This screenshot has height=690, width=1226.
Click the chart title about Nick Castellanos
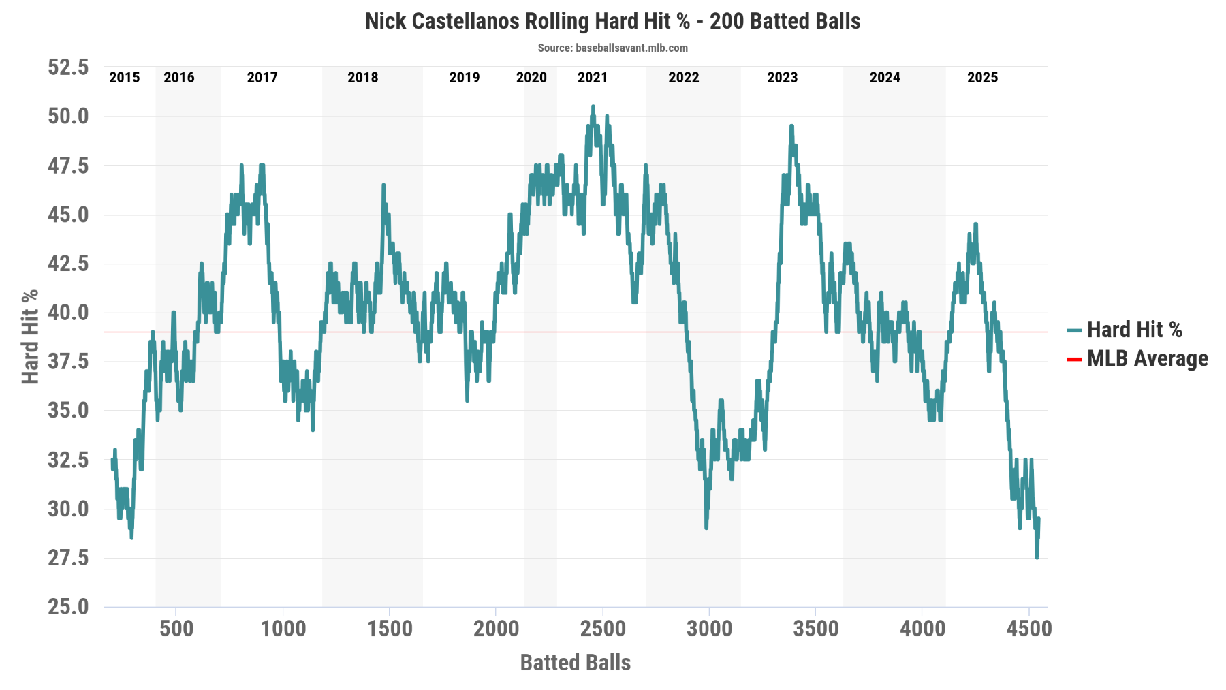click(612, 21)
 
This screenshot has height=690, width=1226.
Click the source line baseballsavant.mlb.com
click(612, 48)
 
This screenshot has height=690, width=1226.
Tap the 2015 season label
click(124, 78)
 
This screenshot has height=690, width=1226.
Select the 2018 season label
click(362, 78)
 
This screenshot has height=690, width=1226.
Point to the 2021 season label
click(592, 78)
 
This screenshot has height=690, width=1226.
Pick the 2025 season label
click(982, 78)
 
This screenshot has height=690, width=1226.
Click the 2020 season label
click(531, 78)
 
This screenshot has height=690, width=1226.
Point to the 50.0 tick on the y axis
click(68, 116)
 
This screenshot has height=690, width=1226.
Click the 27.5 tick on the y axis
click(68, 558)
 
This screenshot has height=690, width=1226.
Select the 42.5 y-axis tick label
click(68, 264)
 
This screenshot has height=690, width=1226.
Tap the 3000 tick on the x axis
click(709, 629)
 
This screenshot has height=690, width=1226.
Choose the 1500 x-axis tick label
click(390, 629)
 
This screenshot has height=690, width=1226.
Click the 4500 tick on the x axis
click(1029, 629)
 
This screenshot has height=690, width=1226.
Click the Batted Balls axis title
click(575, 663)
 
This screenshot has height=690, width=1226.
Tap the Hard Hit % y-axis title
click(30, 336)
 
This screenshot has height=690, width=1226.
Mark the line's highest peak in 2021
click(593, 107)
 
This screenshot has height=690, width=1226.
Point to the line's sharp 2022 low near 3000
click(706, 527)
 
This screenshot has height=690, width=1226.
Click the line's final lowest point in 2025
click(1037, 557)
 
